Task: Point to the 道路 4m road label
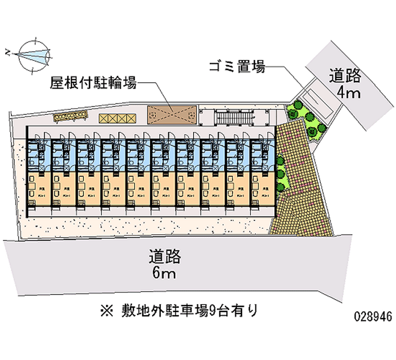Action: pos(346,84)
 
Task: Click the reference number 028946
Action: pos(373,317)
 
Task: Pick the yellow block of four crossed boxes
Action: pos(117,118)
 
